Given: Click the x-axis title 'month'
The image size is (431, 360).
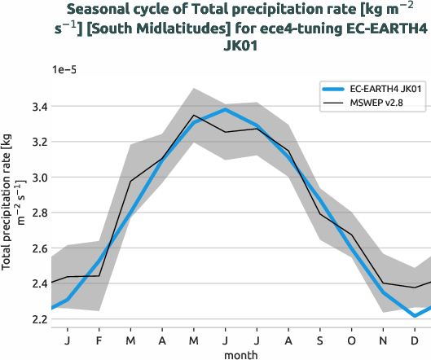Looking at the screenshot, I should pyautogui.click(x=241, y=354).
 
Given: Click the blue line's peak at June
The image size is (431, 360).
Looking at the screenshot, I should pyautogui.click(x=226, y=109).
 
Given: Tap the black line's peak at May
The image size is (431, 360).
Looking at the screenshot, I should pyautogui.click(x=194, y=116).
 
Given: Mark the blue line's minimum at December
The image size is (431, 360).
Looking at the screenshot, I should pyautogui.click(x=415, y=316).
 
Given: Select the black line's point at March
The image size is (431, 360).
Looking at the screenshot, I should pyautogui.click(x=130, y=181).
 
